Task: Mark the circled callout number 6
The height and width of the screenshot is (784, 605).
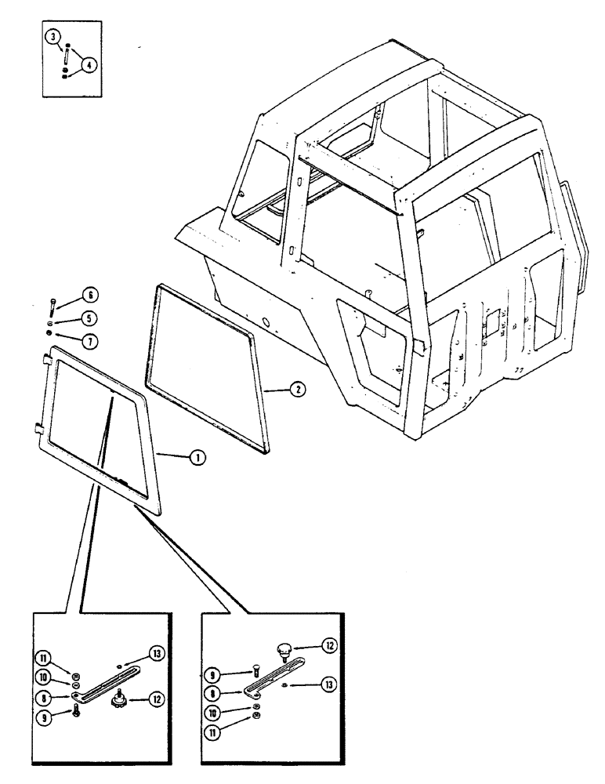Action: point(89,296)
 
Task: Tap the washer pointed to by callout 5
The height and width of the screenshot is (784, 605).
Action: point(51,322)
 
